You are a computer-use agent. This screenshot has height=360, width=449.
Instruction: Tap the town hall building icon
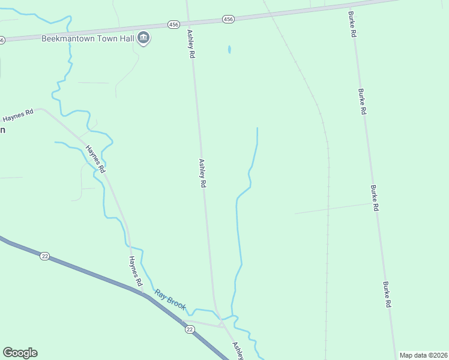pyautogui.click(x=143, y=38)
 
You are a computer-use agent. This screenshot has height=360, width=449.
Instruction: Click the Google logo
pyautogui.click(x=20, y=353)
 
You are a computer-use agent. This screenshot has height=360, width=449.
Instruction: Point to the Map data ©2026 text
pyautogui.click(x=423, y=355)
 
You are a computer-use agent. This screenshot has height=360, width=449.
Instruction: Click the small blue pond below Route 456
pyautogui.click(x=229, y=49)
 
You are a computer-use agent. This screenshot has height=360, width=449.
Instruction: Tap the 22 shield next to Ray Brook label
pyautogui.click(x=190, y=329)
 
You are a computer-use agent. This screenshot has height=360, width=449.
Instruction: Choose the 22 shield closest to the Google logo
pyautogui.click(x=44, y=256)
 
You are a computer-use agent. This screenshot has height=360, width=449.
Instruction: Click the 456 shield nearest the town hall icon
pyautogui.click(x=173, y=25)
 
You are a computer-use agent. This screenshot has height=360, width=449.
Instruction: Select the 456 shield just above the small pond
pyautogui.click(x=228, y=20)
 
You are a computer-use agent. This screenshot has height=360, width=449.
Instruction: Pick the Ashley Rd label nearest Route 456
pyautogui.click(x=191, y=44)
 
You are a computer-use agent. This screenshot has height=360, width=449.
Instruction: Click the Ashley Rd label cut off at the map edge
pyautogui.click(x=238, y=350)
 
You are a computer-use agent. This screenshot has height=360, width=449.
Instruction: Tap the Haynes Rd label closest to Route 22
pyautogui.click(x=136, y=271)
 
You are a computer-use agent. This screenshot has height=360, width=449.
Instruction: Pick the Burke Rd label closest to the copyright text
pyautogui.click(x=388, y=295)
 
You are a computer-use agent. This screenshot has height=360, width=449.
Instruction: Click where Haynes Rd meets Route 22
pyautogui.click(x=144, y=294)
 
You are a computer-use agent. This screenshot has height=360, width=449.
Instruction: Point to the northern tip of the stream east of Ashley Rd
pyautogui.click(x=257, y=128)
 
